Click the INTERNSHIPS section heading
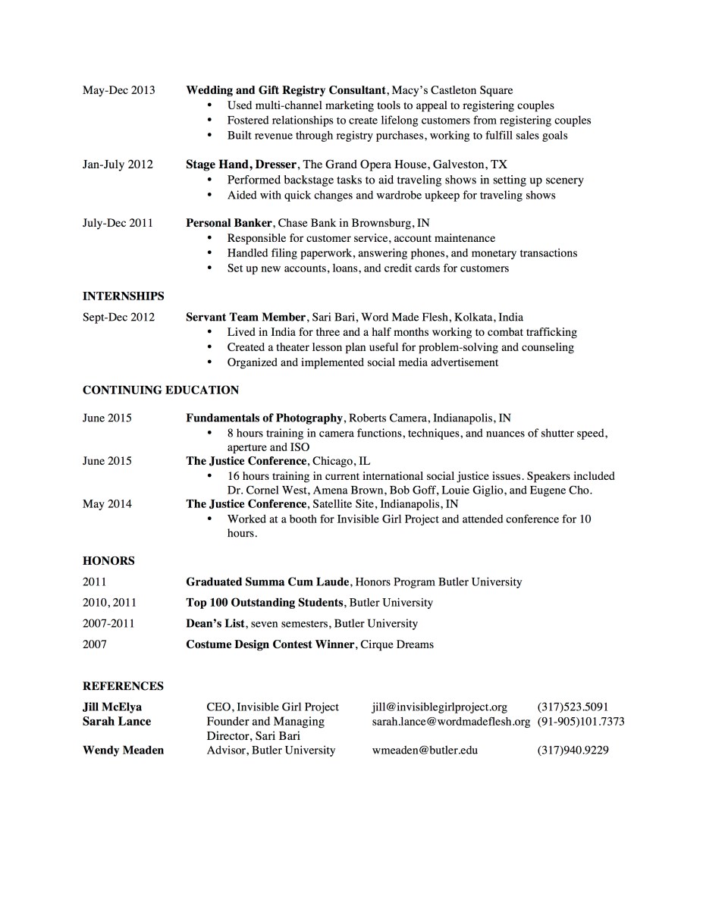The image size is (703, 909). (x=123, y=296)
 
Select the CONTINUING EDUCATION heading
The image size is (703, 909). (x=160, y=390)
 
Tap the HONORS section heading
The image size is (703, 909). (x=108, y=561)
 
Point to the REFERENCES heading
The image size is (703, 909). (x=123, y=686)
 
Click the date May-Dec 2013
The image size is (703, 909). (x=118, y=90)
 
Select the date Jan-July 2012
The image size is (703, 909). (x=118, y=165)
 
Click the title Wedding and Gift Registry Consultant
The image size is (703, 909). (x=286, y=90)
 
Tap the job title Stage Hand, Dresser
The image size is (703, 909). (x=241, y=165)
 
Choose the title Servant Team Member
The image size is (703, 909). (x=246, y=318)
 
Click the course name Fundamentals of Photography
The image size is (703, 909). (x=264, y=418)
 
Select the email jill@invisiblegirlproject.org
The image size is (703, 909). (x=439, y=707)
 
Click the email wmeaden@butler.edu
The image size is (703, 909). (x=425, y=751)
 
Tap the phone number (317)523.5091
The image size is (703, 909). (x=573, y=707)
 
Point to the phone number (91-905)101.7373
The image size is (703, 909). (x=581, y=722)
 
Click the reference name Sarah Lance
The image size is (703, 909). (x=117, y=722)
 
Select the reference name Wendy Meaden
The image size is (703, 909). (x=123, y=751)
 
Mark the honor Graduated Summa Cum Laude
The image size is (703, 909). (x=267, y=582)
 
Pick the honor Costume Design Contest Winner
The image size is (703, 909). (x=270, y=645)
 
